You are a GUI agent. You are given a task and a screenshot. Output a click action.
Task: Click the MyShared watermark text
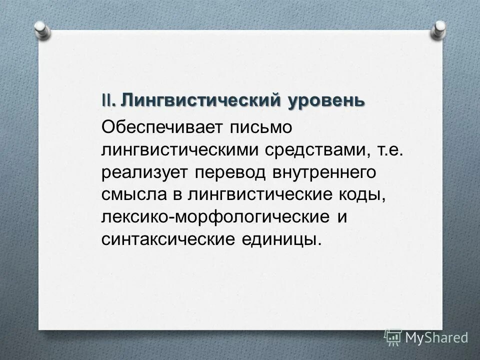436,337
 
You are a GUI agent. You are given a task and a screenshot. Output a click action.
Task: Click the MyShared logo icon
393,337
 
